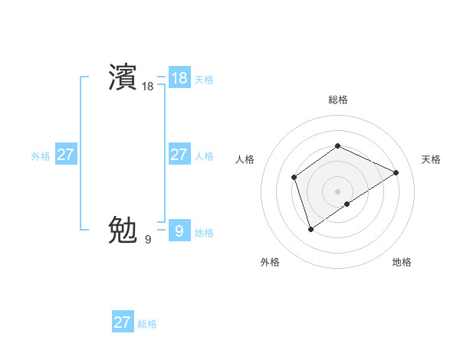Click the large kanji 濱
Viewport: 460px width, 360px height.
coord(123,77)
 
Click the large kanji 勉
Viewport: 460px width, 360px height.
coord(123,229)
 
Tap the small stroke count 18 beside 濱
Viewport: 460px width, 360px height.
coord(147,87)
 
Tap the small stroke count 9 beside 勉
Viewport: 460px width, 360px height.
coord(147,240)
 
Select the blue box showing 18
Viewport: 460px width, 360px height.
coord(179,78)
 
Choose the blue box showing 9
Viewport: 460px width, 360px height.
coord(179,231)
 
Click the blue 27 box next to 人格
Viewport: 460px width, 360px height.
coord(179,155)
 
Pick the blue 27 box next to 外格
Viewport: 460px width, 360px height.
coord(65,155)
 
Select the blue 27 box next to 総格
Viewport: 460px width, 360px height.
coord(122,322)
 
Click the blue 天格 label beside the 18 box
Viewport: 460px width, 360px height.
coord(204,80)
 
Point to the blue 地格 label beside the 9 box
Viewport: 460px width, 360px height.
coord(204,232)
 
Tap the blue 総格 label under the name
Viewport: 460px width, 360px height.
coord(147,324)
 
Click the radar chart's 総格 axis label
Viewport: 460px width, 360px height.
coord(337,100)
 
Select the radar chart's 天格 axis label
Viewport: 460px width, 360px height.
coord(431,159)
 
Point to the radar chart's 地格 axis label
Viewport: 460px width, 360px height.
coord(402,262)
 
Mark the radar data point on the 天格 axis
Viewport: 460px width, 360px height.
coord(396,172)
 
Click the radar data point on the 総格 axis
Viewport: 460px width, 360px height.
coord(337,146)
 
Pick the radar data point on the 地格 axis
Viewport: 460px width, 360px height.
coord(347,204)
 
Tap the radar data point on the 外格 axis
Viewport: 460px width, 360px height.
coord(310,228)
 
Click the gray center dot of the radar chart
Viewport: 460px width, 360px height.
coord(337,191)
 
